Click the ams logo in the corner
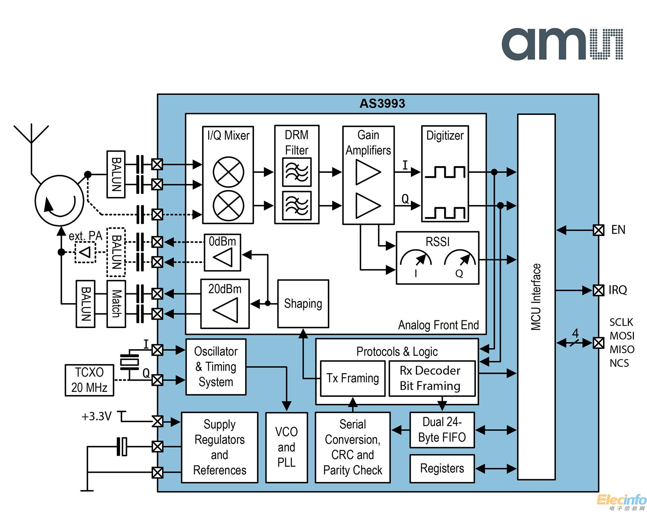[562, 45]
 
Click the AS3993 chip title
[382, 104]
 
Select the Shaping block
[303, 303]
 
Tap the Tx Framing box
[352, 378]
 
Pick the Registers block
[442, 468]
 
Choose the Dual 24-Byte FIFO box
[442, 430]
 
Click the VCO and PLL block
[286, 447]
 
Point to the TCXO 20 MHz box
[89, 380]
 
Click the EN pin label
[618, 230]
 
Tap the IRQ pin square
[598, 290]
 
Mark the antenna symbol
[31, 135]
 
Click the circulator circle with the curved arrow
[60, 200]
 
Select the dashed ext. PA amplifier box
[85, 252]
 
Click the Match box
[116, 304]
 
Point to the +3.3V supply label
[96, 416]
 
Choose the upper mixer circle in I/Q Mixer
[228, 172]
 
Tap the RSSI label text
[437, 242]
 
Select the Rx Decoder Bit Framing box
[432, 378]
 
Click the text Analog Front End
[438, 325]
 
